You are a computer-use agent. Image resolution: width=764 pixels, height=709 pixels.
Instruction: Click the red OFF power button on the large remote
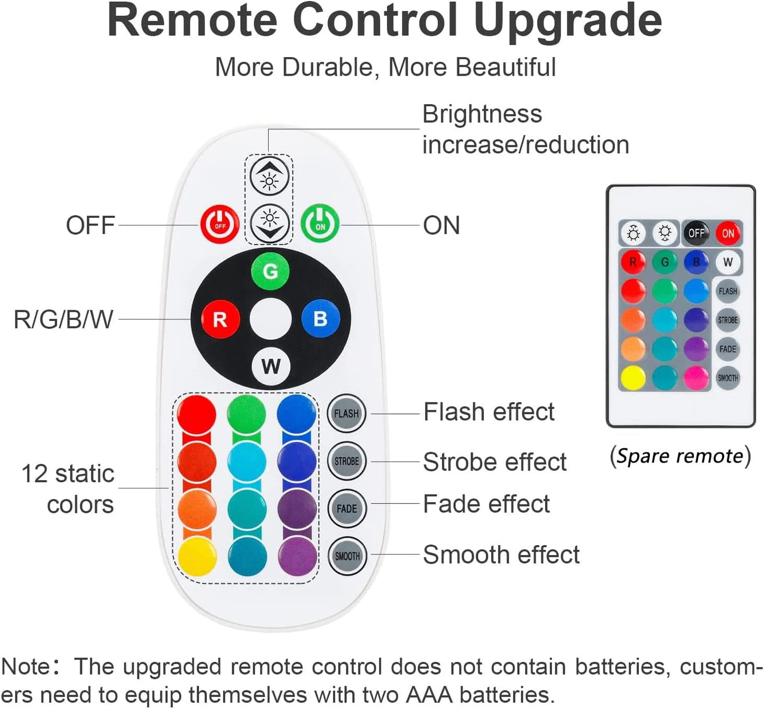(219, 224)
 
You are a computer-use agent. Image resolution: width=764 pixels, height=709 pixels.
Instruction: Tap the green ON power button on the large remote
(320, 223)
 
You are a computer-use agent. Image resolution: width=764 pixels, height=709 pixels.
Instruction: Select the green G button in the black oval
(270, 271)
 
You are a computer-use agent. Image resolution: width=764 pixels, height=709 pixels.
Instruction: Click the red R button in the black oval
(220, 319)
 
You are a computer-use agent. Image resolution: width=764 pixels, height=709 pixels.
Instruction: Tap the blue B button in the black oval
(320, 318)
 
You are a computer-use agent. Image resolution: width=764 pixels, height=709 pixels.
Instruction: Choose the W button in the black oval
(271, 366)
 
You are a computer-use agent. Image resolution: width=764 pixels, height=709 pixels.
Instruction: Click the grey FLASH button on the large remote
(346, 413)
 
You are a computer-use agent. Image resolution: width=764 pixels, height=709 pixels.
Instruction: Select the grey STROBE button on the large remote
(347, 461)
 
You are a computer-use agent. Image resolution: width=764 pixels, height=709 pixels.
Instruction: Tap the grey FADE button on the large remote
(347, 509)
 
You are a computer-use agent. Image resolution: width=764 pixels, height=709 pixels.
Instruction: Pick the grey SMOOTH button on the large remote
(347, 556)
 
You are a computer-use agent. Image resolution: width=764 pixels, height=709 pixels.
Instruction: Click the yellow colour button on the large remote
(197, 557)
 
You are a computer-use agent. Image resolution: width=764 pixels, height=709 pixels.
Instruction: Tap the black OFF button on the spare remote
(696, 233)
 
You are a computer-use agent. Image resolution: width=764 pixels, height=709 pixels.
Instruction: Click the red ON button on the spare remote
(728, 233)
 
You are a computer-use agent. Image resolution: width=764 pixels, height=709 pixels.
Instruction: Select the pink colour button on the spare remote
(696, 378)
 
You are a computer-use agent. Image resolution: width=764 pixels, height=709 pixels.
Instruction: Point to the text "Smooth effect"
(501, 555)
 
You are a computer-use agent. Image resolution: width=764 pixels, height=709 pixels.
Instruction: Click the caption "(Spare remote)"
(680, 456)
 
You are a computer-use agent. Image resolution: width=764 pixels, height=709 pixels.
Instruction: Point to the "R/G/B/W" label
(63, 319)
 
